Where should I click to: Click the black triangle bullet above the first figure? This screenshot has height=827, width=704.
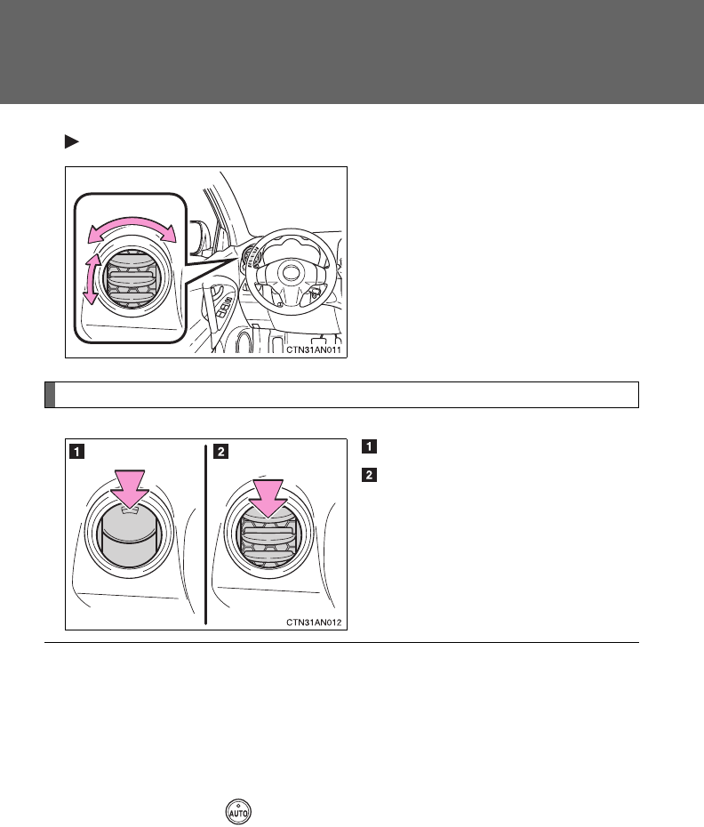71,142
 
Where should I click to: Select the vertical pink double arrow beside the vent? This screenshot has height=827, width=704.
92,278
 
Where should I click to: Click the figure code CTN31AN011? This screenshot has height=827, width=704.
313,349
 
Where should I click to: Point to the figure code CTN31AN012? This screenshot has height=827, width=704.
313,622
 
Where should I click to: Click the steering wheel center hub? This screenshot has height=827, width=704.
290,273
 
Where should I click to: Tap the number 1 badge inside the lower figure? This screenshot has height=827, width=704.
77,452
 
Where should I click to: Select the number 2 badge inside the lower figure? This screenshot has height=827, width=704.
221,452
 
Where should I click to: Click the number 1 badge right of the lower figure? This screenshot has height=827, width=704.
369,446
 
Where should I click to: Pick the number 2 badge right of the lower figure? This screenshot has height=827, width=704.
369,475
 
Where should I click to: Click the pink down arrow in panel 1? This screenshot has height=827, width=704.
130,488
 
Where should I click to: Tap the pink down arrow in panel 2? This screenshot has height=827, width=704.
268,497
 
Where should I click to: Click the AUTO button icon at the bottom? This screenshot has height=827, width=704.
238,812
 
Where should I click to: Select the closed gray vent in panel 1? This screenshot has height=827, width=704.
129,538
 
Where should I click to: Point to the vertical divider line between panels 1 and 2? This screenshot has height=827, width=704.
205,534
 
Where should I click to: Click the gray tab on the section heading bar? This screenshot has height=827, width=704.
50,395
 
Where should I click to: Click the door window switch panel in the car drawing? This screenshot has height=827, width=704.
224,307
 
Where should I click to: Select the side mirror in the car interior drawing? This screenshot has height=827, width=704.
200,236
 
